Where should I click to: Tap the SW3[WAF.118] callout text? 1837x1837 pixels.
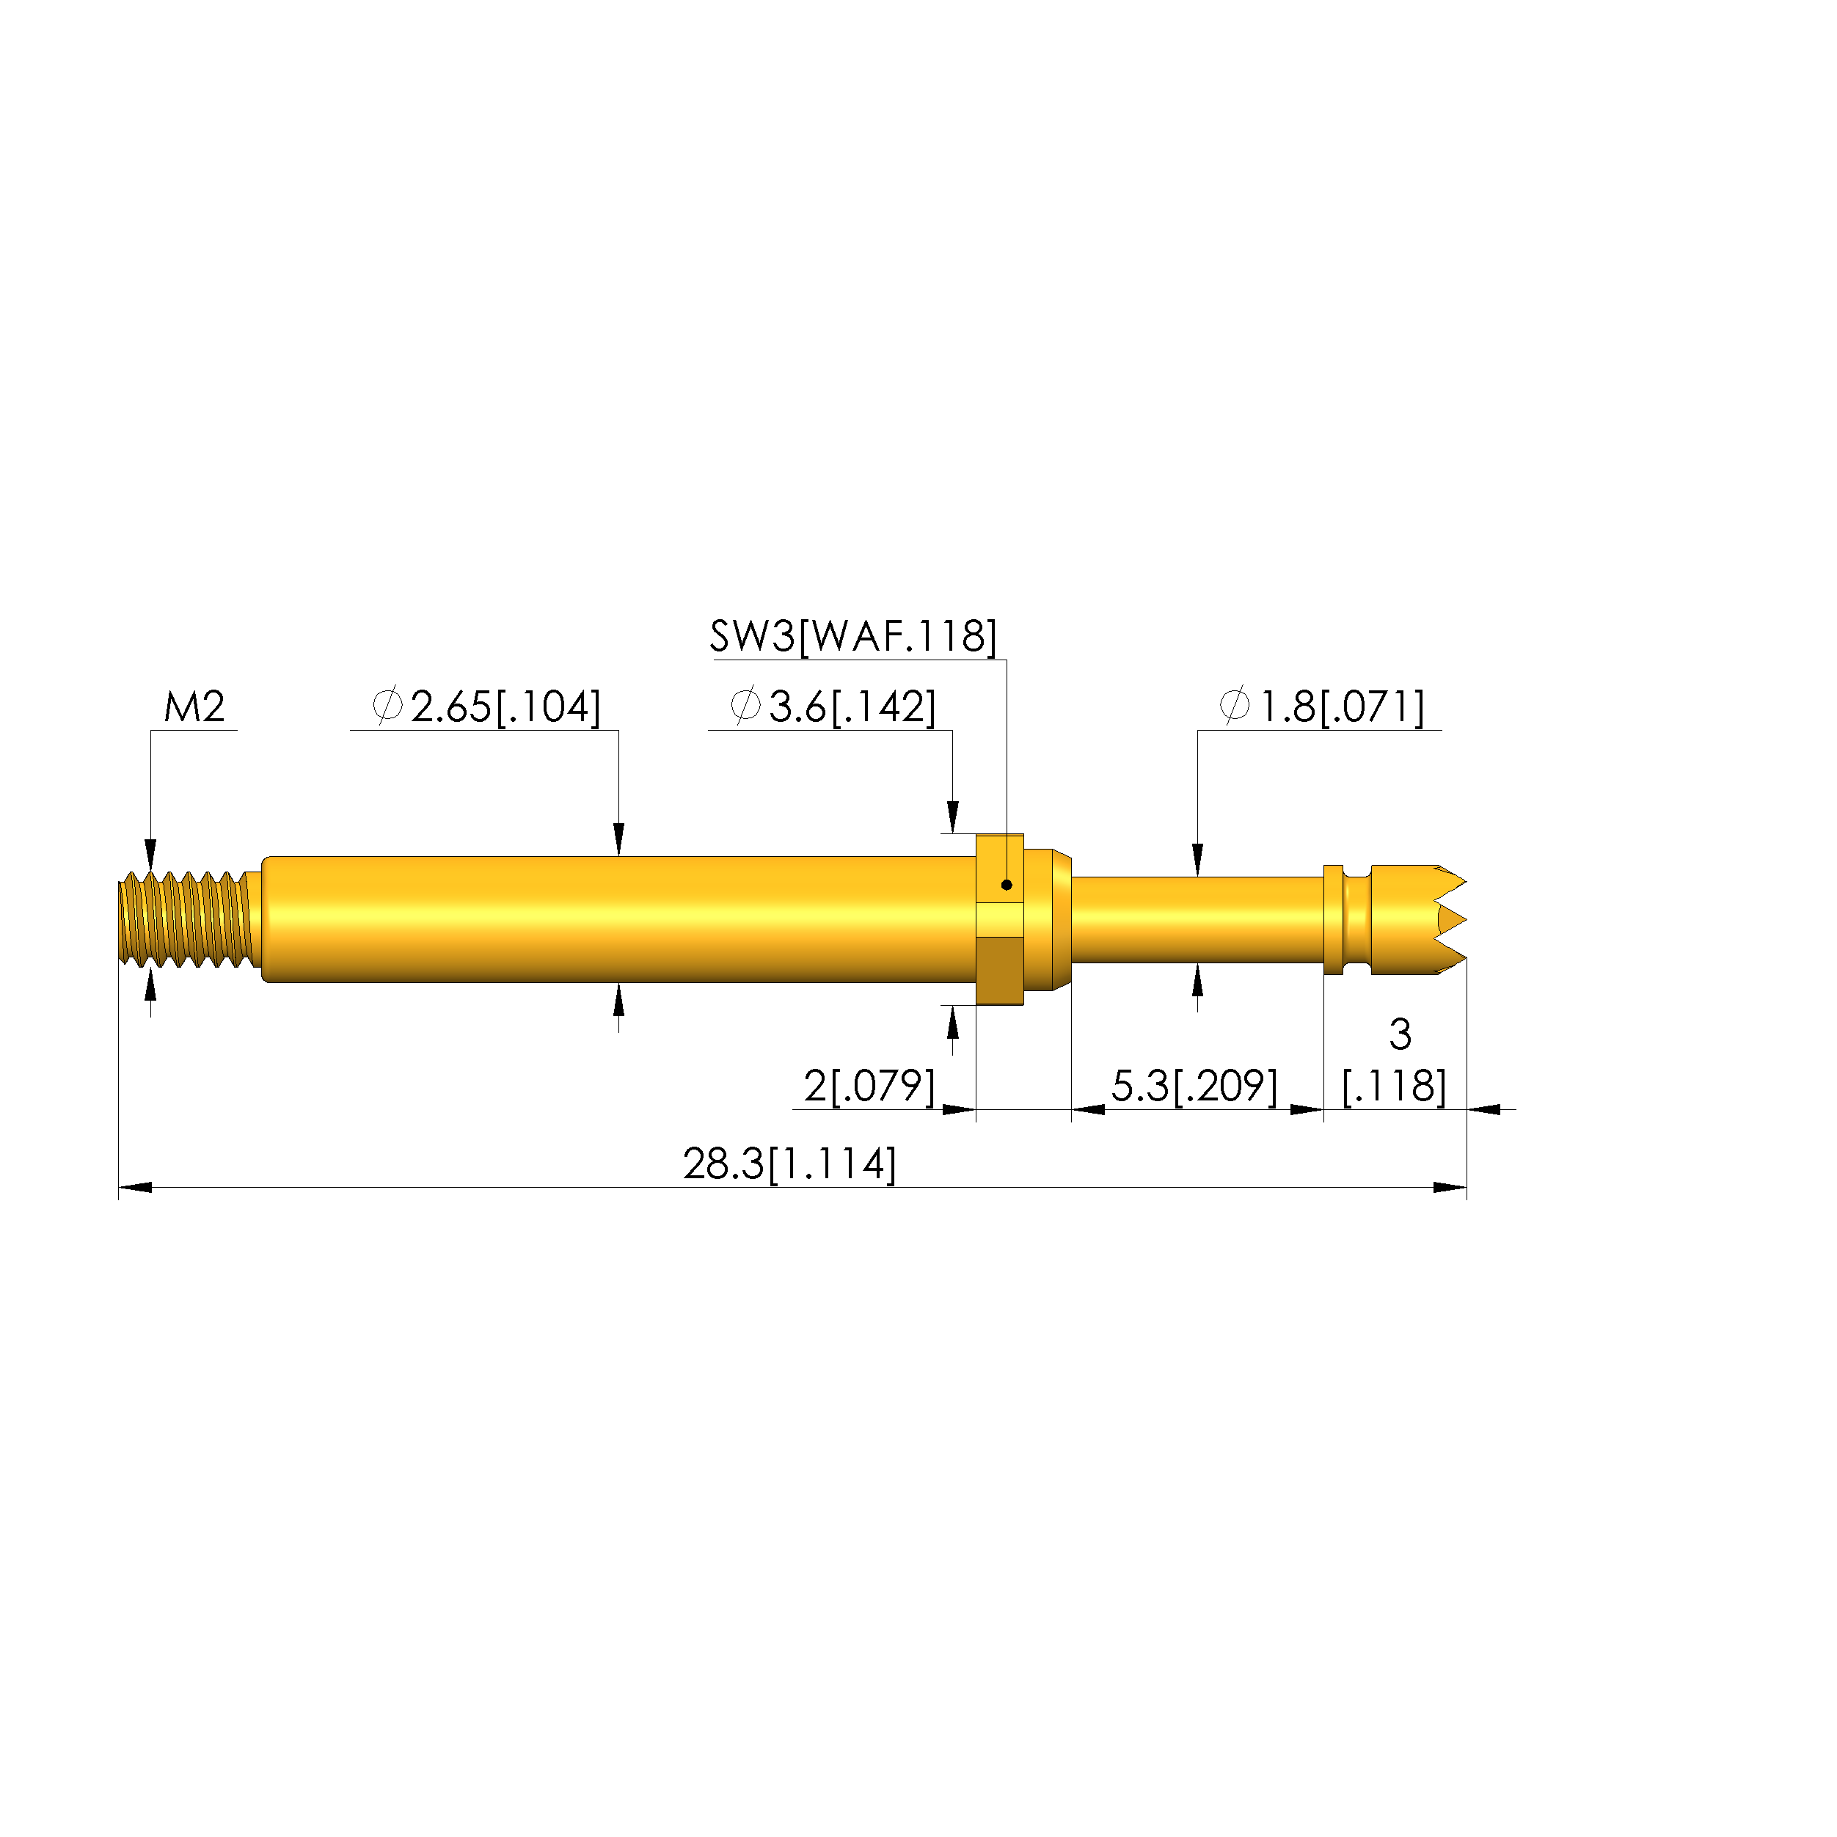pos(853,636)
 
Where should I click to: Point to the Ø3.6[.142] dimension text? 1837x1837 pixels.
pos(833,707)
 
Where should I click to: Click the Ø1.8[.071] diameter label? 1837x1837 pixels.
pos(1322,707)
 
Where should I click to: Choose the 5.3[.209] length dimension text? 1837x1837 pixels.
pos(1194,1086)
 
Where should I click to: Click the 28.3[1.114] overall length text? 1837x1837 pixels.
pos(789,1164)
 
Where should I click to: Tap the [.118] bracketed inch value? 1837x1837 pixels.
pos(1394,1086)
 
